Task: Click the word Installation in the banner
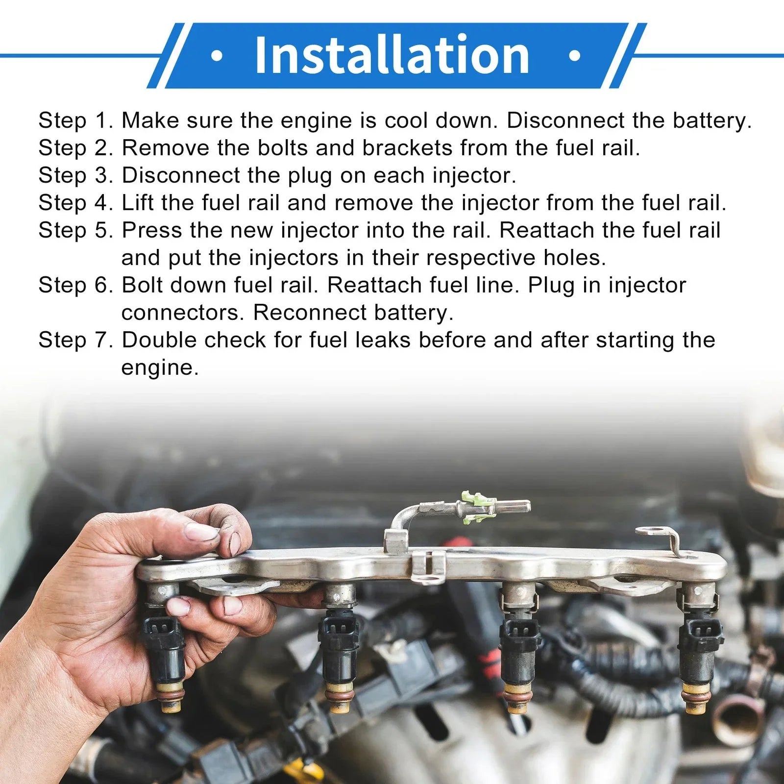click(x=392, y=55)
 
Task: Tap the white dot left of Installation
click(x=216, y=56)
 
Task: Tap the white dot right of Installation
click(x=575, y=56)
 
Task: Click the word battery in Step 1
click(x=712, y=121)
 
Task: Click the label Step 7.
click(x=76, y=340)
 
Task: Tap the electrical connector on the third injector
click(x=519, y=630)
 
